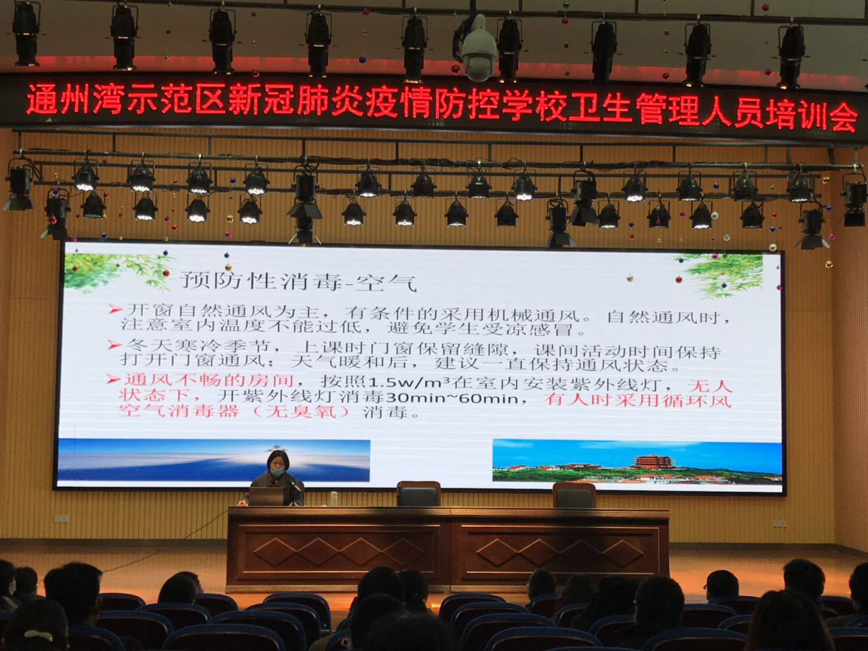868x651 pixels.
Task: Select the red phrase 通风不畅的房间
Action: click(x=209, y=382)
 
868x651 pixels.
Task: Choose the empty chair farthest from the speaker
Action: click(x=574, y=495)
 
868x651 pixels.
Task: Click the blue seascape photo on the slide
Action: click(x=214, y=461)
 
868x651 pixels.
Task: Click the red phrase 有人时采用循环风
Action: click(x=638, y=400)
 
